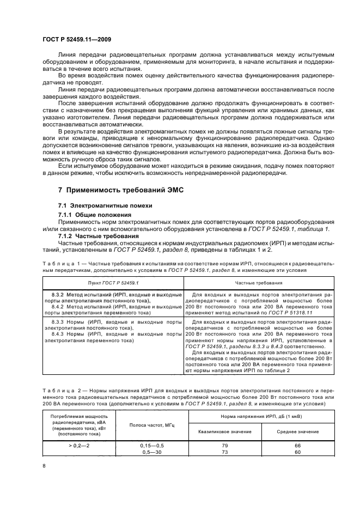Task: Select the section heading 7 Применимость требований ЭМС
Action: click(119, 191)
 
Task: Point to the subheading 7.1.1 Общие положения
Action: click(93, 215)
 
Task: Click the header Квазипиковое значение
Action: click(224, 431)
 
